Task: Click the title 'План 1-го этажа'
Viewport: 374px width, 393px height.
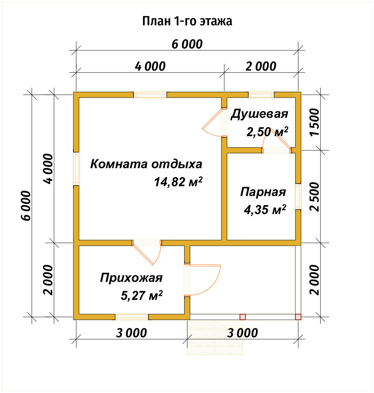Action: tap(187, 21)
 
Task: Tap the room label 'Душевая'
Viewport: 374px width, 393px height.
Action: tap(259, 114)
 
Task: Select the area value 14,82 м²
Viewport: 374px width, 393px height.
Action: tap(178, 182)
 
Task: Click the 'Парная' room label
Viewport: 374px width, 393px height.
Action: tap(263, 192)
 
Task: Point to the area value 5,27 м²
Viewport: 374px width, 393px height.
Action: tap(142, 296)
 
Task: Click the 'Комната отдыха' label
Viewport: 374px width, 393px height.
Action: tap(146, 164)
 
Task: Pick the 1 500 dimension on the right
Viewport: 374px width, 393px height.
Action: tap(315, 122)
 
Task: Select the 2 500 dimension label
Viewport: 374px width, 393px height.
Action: tap(315, 197)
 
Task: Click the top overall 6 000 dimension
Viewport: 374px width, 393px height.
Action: tap(187, 44)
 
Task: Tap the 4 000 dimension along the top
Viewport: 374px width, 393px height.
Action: tap(150, 67)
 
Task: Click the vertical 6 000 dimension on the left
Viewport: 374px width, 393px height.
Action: tap(27, 205)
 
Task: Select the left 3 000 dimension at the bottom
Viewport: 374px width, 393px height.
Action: tap(131, 333)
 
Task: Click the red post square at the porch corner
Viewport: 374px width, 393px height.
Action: tap(298, 317)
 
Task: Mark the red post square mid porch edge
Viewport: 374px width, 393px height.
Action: tap(243, 317)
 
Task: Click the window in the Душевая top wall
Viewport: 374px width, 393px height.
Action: tap(261, 95)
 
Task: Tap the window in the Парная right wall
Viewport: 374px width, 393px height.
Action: tap(298, 196)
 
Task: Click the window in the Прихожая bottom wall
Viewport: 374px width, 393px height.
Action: tap(132, 316)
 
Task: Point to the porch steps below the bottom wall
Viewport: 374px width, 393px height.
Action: tap(215, 337)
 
